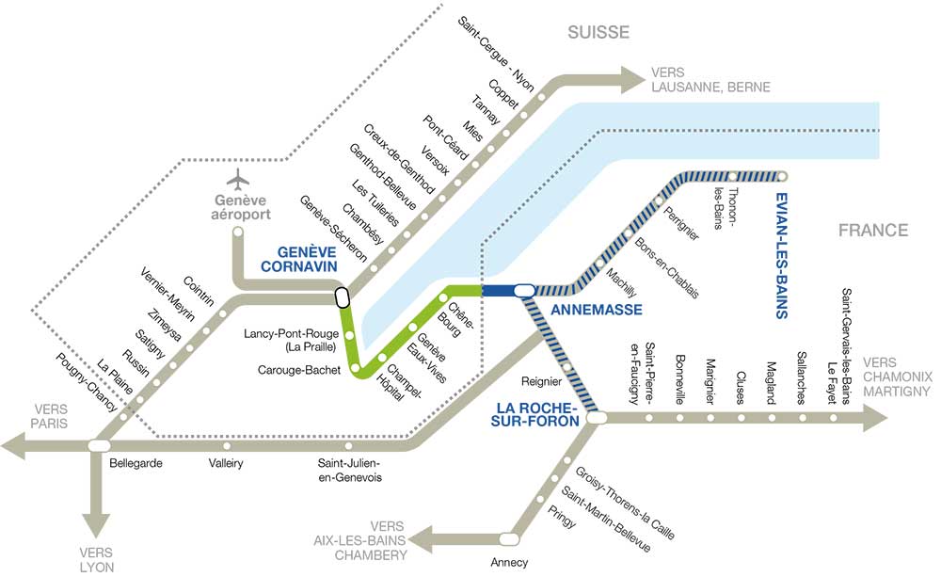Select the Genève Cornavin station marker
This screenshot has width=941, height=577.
[x=341, y=297]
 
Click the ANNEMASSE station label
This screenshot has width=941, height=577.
[x=582, y=310]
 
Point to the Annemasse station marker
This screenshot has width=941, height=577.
[x=524, y=290]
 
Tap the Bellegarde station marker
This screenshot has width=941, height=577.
[x=98, y=444]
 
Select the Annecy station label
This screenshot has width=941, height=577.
[x=510, y=563]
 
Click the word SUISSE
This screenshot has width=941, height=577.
[x=598, y=33]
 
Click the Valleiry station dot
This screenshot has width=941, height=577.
[x=227, y=445]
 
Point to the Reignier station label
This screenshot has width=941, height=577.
[x=541, y=381]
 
